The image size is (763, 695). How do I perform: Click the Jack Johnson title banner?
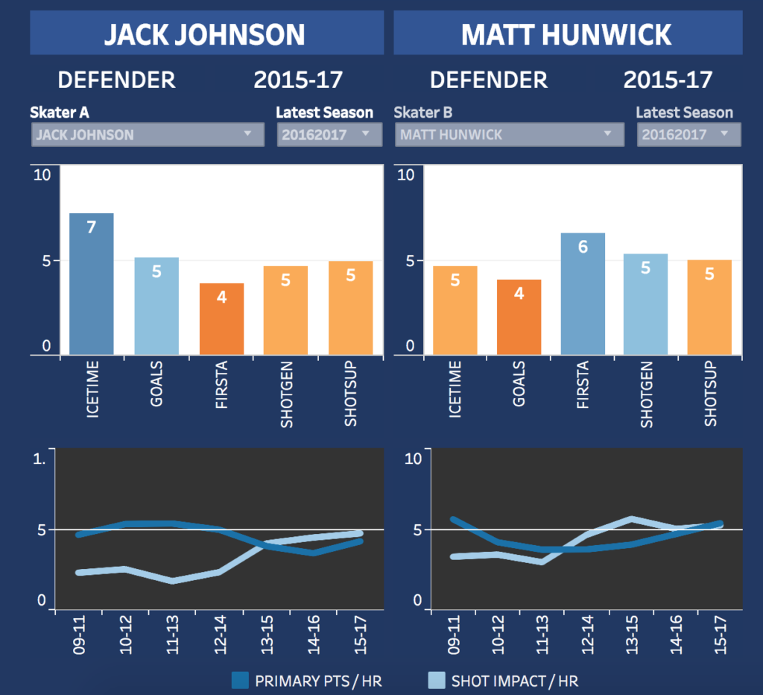coord(206,34)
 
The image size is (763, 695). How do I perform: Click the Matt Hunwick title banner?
coord(568,34)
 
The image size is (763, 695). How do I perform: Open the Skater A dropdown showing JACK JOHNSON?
coord(148,135)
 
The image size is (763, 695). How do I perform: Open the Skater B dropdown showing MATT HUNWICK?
coord(509,135)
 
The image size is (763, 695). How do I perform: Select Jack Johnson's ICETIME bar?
coord(92,283)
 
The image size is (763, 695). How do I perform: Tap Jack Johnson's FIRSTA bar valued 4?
coord(221,318)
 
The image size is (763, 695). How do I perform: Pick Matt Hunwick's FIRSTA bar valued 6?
coord(583,293)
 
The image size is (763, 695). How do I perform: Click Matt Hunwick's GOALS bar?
coord(519,317)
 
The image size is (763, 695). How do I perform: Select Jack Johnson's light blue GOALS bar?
coord(156,306)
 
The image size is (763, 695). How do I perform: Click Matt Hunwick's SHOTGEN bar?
coord(646,304)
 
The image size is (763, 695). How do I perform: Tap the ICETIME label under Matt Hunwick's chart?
coord(455,389)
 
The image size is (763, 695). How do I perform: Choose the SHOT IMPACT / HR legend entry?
coord(503,681)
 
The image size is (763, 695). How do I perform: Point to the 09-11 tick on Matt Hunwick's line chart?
coord(454,633)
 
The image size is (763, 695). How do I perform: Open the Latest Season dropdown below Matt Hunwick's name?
coord(688,135)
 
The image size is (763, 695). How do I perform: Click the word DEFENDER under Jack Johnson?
coord(117,80)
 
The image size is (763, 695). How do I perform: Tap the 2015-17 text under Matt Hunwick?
coord(668,80)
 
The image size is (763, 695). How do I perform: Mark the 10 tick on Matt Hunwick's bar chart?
coord(406,175)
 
